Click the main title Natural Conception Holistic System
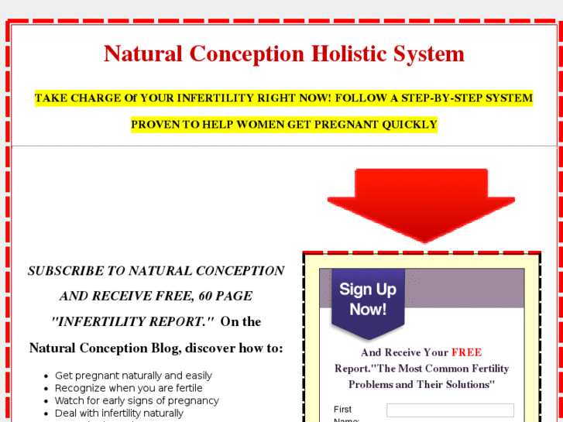click(283, 54)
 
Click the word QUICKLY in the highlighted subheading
click(410, 124)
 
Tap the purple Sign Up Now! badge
click(368, 300)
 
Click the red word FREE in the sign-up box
click(466, 352)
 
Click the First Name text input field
click(450, 410)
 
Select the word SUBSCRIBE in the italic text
click(65, 271)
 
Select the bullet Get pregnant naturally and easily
click(133, 376)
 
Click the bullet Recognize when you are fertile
click(129, 388)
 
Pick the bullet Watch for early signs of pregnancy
click(136, 400)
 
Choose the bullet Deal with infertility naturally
click(119, 413)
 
